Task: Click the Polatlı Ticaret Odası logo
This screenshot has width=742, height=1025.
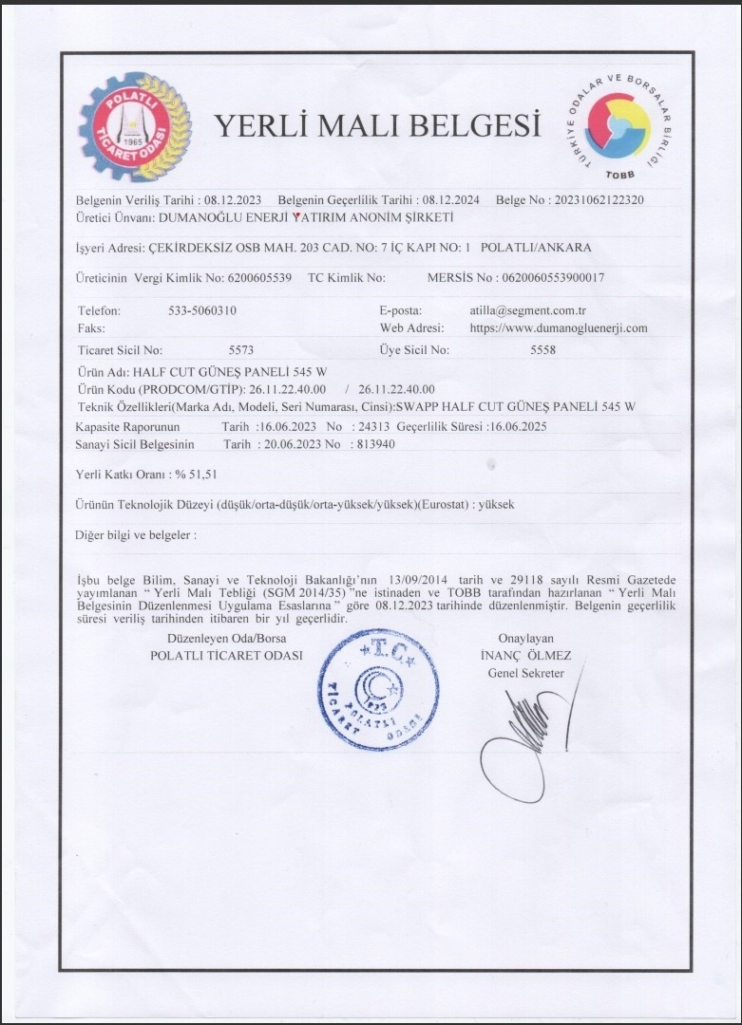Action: pos(134,126)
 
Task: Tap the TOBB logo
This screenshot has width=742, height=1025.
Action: pos(618,126)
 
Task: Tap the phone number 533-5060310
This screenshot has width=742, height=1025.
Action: pos(202,310)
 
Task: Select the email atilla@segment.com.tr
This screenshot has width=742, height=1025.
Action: pos(528,310)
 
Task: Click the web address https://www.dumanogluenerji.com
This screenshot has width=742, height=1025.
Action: pos(559,327)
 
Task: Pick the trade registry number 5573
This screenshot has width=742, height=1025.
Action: pos(241,349)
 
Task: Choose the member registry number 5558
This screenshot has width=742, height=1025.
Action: pos(542,349)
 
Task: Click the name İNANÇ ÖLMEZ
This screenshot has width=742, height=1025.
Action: pos(525,656)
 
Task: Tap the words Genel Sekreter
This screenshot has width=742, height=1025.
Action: pos(525,673)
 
